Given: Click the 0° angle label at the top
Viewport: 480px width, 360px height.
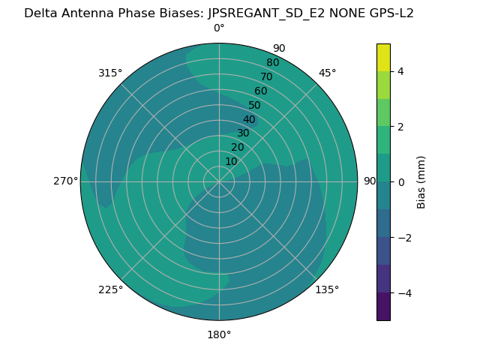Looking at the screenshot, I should [x=219, y=28].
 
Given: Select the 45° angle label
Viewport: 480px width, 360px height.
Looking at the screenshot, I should [x=328, y=73].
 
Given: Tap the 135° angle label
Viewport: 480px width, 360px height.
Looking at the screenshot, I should [x=327, y=289].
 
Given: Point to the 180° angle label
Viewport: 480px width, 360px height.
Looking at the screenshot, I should [x=219, y=334].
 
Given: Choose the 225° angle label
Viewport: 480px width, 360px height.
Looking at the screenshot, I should [x=110, y=289].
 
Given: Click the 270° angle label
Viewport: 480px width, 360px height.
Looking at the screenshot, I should [x=66, y=181].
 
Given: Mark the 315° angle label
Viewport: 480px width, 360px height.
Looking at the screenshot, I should [x=110, y=73].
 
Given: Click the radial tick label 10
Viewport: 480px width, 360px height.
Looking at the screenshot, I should [x=231, y=161].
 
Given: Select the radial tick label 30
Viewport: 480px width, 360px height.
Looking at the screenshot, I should [x=243, y=133].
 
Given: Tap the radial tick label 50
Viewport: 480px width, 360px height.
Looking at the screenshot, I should [x=255, y=106].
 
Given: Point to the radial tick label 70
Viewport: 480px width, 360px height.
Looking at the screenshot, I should [x=266, y=76].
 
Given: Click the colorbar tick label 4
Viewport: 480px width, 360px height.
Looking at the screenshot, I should [x=400, y=71].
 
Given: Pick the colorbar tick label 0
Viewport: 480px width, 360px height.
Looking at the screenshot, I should [x=400, y=182].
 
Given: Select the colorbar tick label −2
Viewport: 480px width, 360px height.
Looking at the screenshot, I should [x=403, y=238].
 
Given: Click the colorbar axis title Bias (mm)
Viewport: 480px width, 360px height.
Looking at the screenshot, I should [x=421, y=182].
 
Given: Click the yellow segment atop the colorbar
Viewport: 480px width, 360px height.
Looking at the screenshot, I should [x=383, y=57].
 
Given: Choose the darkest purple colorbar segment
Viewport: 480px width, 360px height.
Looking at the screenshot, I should [x=383, y=307].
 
